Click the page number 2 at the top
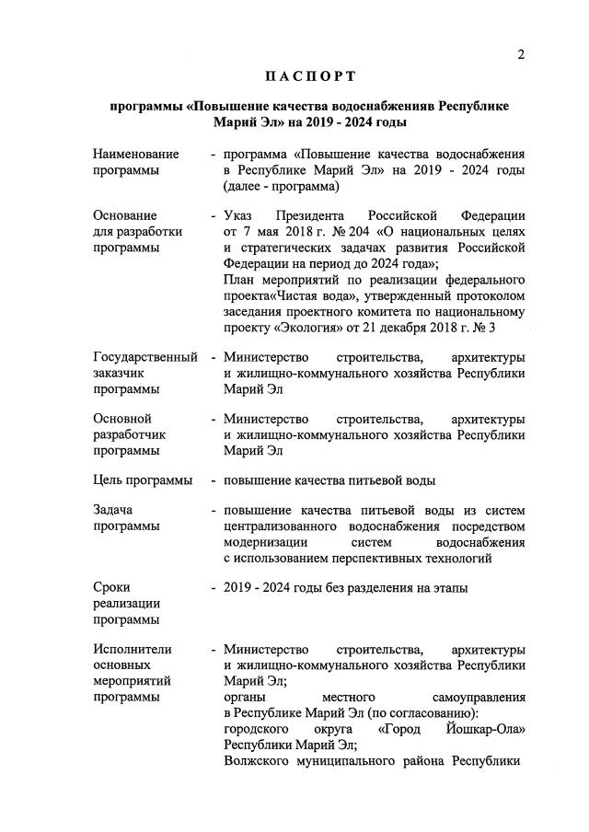click(x=521, y=54)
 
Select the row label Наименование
click(x=136, y=154)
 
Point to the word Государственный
click(x=145, y=356)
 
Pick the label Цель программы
click(x=143, y=480)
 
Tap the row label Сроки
click(x=112, y=588)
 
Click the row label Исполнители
click(x=133, y=650)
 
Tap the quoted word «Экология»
click(x=312, y=325)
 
